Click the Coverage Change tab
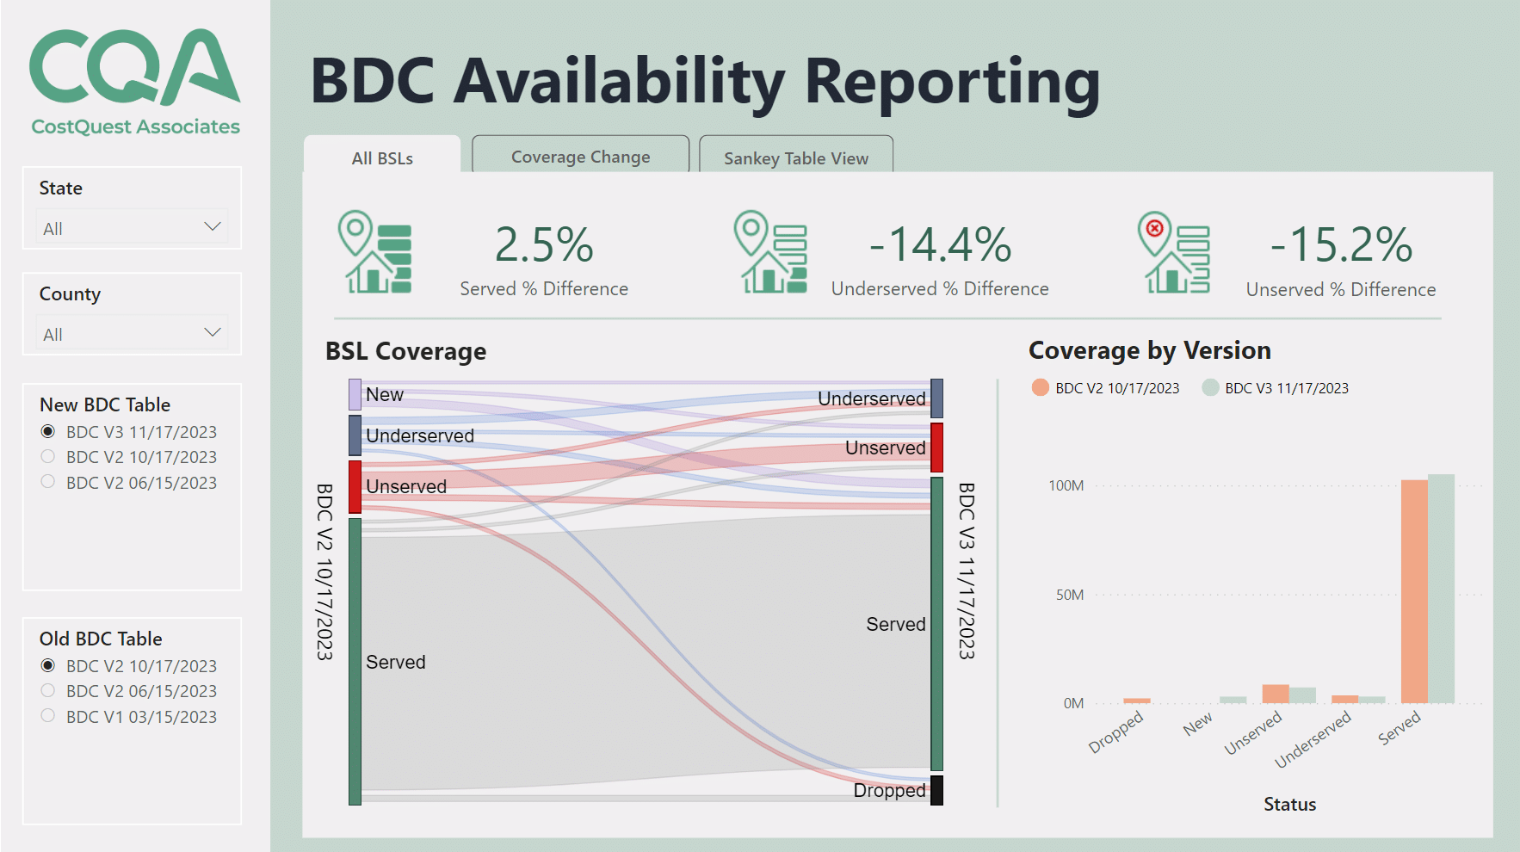point(580,157)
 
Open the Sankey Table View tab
point(795,158)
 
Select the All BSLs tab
point(382,158)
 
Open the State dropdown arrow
point(212,226)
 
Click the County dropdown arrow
point(212,332)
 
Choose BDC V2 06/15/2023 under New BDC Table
point(48,482)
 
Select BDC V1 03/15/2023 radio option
point(48,716)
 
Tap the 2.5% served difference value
point(544,245)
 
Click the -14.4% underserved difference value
point(940,245)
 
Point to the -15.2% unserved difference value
point(1341,245)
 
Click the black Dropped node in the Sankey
point(936,790)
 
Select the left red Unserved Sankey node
point(355,486)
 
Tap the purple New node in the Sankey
point(355,394)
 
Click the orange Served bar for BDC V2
point(1413,594)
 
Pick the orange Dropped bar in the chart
point(1136,701)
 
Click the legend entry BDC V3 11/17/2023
point(1286,388)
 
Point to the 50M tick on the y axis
point(1070,595)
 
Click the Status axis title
point(1289,804)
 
